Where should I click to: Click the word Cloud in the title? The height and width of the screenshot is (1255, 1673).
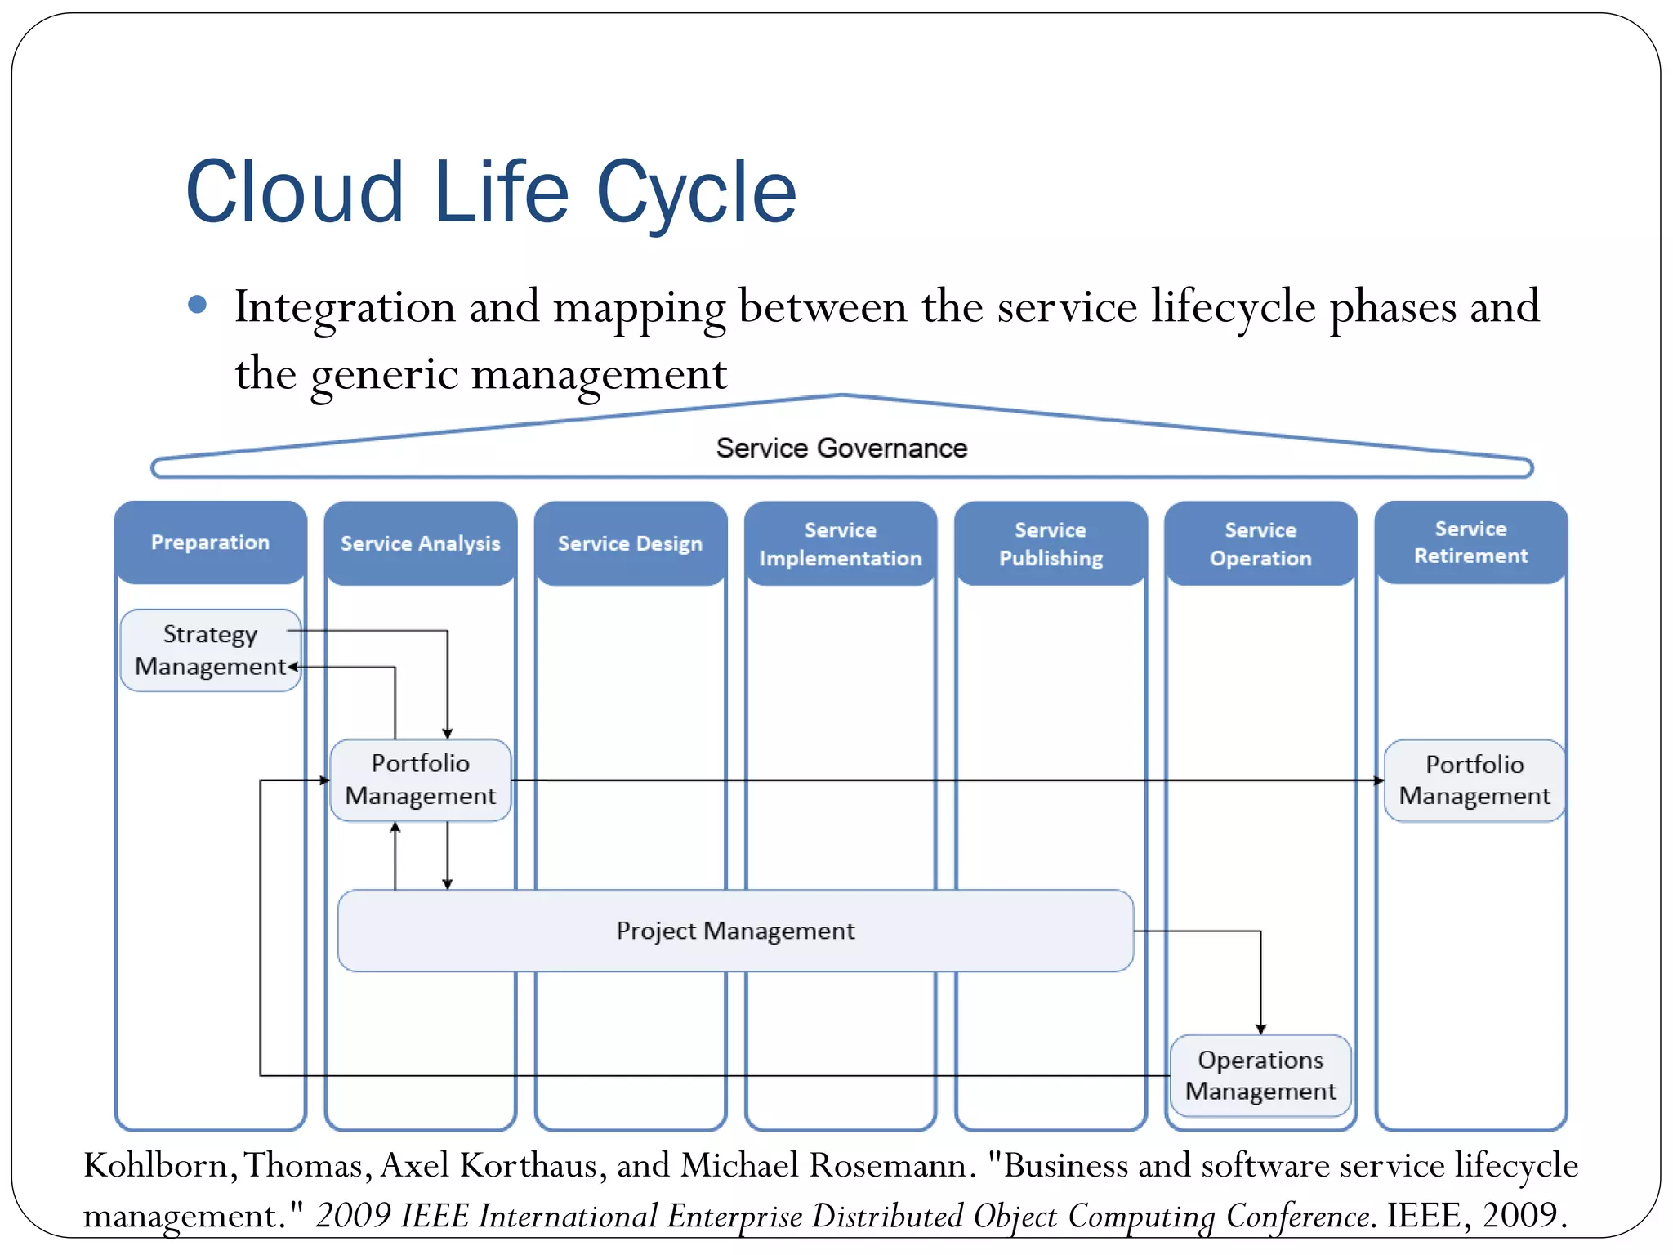coord(294,193)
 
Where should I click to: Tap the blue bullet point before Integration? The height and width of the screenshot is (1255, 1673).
coord(197,305)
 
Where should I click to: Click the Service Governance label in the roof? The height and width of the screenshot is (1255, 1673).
coord(841,448)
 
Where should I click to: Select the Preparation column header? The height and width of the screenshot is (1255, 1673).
coord(210,543)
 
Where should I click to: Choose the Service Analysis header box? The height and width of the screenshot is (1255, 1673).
coord(420,543)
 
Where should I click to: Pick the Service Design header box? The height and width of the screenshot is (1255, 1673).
coord(630,543)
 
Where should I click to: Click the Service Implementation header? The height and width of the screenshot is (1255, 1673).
coord(840,543)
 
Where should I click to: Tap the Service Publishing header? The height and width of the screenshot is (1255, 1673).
coord(1051,543)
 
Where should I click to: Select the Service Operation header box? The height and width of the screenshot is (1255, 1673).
coord(1260,543)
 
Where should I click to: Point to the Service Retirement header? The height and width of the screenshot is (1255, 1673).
coord(1470,543)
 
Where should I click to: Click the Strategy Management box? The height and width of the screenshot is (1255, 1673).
coord(210,650)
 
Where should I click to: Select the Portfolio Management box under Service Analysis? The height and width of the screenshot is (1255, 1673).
coord(420,779)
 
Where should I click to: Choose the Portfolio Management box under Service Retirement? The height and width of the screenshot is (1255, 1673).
coord(1474,780)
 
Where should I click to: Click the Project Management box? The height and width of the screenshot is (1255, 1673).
coord(735,931)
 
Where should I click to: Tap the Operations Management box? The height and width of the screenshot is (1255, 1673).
coord(1260,1075)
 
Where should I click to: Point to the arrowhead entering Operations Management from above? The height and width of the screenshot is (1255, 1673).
coord(1260,1029)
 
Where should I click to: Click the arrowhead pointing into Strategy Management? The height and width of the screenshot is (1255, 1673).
coord(292,667)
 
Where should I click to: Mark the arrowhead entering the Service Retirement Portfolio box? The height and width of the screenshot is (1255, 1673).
coord(1378,780)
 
